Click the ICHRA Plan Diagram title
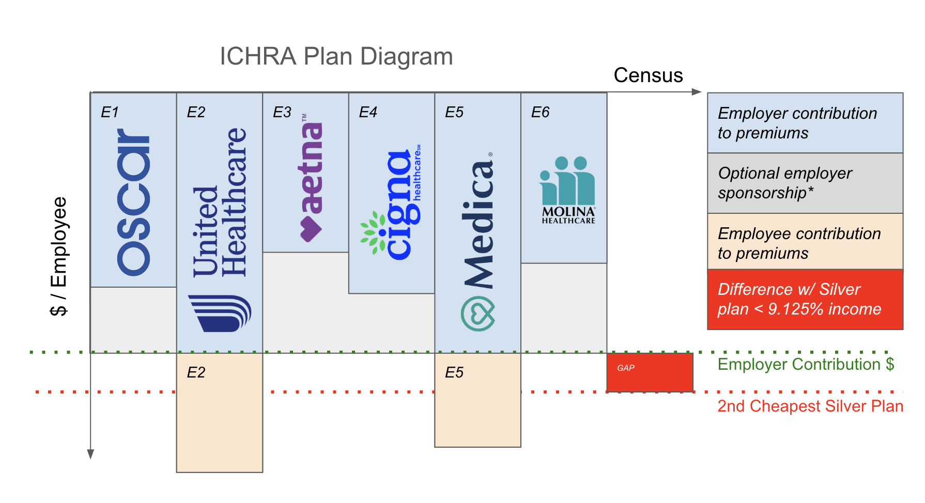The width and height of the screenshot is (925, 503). [336, 56]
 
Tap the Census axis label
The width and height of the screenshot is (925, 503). [648, 75]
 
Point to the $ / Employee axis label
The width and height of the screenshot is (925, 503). [59, 256]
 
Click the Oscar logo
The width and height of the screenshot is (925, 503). [133, 202]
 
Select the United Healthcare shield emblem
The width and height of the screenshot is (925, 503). [220, 313]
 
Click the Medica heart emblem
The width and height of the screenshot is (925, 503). [478, 313]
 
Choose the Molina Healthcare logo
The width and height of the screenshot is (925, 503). [568, 190]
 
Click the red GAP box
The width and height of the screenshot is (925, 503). [650, 372]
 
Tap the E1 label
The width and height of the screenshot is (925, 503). [110, 112]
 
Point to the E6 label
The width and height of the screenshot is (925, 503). [540, 112]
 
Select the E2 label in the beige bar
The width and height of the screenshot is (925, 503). [196, 372]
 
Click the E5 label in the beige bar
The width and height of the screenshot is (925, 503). [454, 372]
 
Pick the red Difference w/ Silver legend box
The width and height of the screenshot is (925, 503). [805, 300]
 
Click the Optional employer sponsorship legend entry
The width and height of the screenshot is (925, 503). [805, 183]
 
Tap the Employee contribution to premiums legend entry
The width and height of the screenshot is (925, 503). [805, 243]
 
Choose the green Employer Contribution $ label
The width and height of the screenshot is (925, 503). [805, 365]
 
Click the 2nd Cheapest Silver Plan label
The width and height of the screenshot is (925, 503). [810, 406]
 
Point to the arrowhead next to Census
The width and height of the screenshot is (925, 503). [696, 92]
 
